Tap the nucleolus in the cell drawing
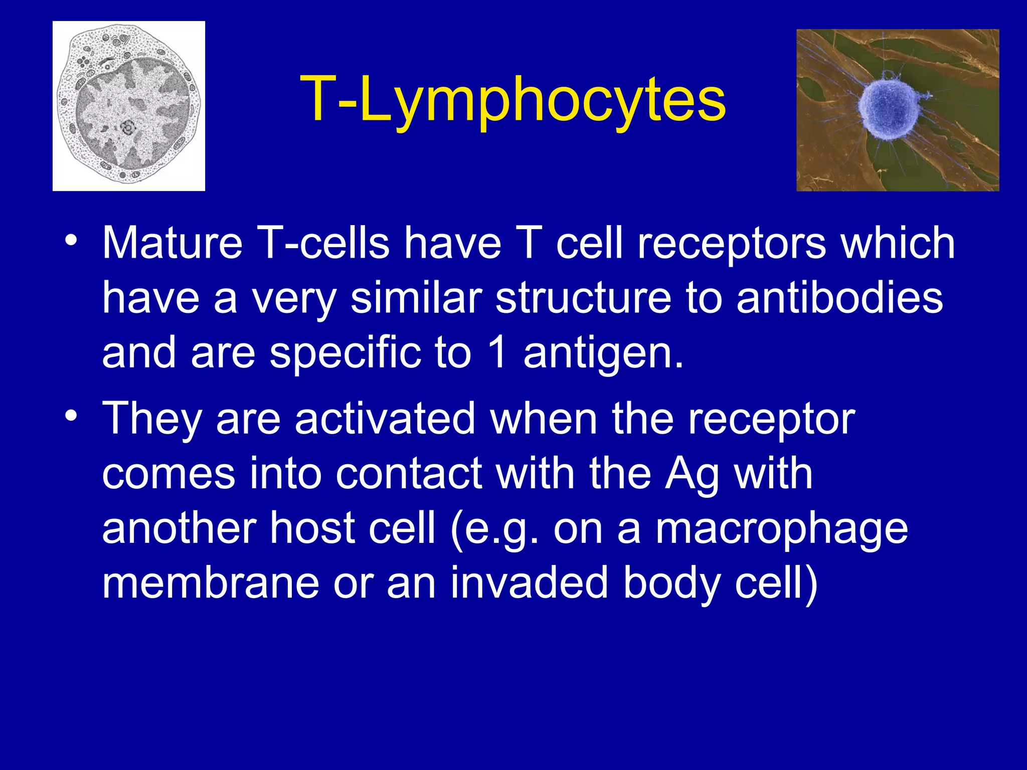coord(128,128)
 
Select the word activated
coord(385,419)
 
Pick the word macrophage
coord(782,530)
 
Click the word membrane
coord(211,583)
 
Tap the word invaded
coord(529,583)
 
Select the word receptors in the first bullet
coord(731,245)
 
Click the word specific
coord(346,354)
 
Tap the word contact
coord(409,474)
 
